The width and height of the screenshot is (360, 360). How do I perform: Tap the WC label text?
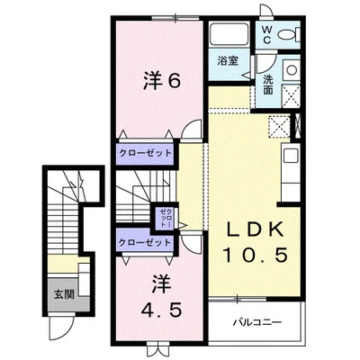[266, 34]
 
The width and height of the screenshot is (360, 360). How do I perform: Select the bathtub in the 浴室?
[229, 35]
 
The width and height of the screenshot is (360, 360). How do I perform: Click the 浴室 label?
[228, 61]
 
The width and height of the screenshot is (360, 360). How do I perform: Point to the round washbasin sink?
[291, 70]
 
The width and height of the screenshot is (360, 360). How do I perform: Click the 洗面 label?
[268, 85]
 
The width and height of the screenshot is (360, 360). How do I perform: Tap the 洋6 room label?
[162, 80]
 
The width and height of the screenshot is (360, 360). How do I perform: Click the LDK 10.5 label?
[255, 242]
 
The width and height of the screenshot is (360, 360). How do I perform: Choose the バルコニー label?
[257, 322]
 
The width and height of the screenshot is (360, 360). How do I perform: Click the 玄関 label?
[64, 294]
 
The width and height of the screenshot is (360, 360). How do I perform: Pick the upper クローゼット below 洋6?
[146, 153]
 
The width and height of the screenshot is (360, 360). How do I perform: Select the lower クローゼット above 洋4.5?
[145, 242]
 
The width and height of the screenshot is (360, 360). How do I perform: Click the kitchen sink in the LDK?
[291, 156]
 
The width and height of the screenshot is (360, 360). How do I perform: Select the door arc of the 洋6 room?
[192, 128]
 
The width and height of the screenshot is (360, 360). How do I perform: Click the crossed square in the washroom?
[291, 96]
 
